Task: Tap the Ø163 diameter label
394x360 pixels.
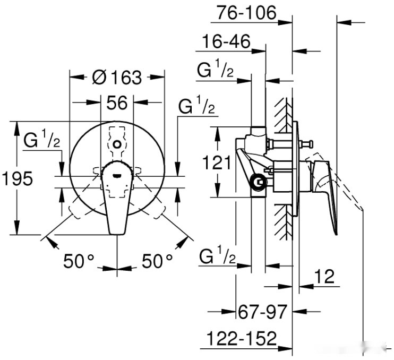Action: (x=117, y=78)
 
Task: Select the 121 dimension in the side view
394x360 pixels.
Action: (x=216, y=162)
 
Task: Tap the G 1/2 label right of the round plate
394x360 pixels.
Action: (x=196, y=108)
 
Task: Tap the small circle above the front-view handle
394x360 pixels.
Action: (x=117, y=143)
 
